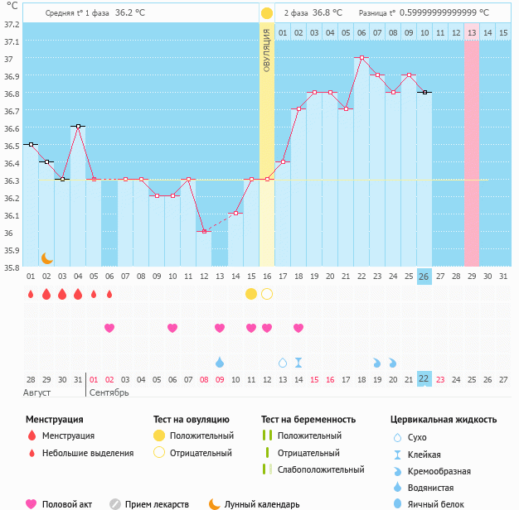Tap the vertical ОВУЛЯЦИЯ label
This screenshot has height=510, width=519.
tap(267, 50)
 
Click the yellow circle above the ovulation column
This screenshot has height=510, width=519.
tap(267, 13)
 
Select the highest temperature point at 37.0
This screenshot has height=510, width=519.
tap(361, 58)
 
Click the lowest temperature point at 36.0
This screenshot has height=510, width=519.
tap(204, 232)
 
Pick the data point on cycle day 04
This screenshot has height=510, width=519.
tap(78, 127)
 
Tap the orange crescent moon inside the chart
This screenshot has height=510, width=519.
tap(47, 258)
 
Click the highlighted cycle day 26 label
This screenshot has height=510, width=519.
tap(424, 276)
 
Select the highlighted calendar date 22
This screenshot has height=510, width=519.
tap(424, 379)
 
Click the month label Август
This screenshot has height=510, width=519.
tap(37, 392)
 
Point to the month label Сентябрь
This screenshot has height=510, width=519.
tap(109, 392)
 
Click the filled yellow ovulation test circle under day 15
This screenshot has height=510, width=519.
tap(251, 294)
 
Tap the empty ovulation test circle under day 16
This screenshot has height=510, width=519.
tap(267, 294)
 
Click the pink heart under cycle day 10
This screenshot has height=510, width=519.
tap(172, 328)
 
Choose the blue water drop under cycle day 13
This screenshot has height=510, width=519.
tap(220, 363)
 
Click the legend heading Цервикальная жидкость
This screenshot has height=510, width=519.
tap(444, 420)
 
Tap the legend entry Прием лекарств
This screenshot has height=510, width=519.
tap(156, 503)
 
